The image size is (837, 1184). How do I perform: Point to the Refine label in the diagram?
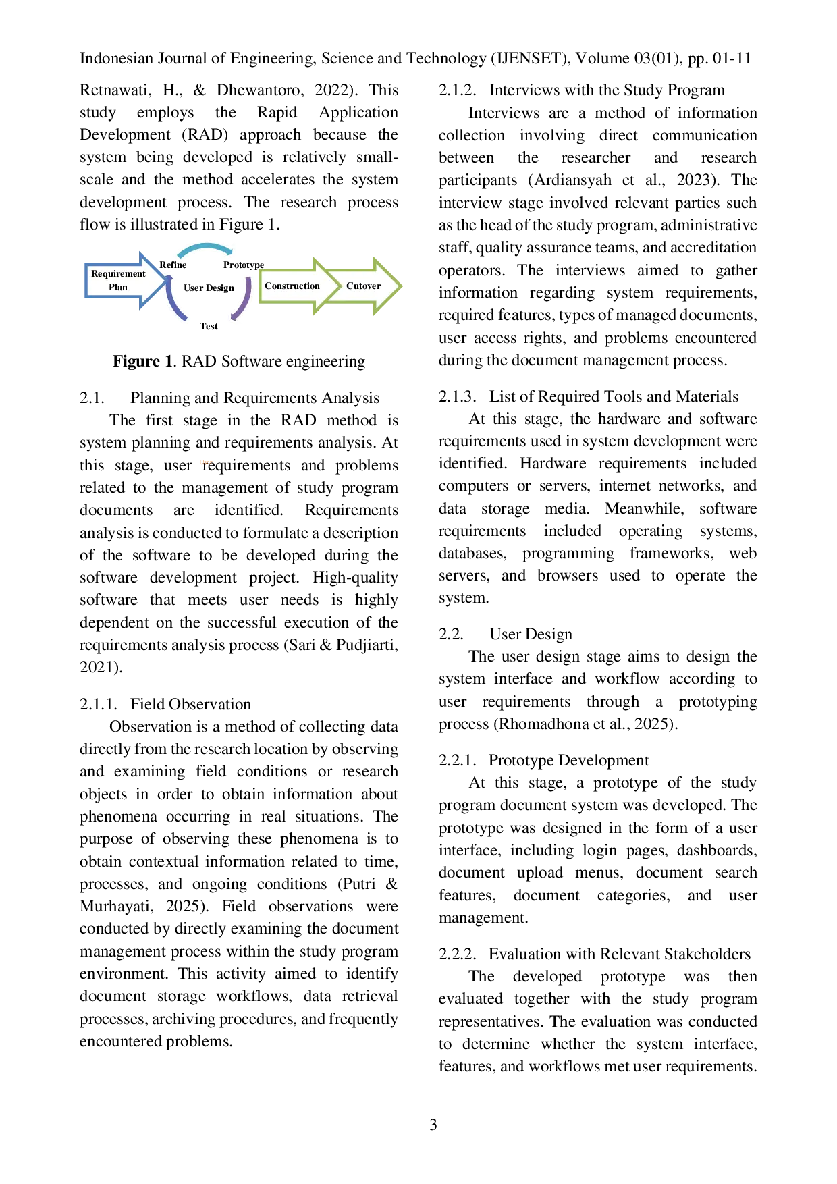(x=173, y=265)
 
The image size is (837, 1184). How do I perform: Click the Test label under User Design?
(x=209, y=326)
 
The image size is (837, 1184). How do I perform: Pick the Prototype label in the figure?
(x=244, y=265)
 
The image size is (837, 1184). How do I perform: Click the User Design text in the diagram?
(x=209, y=288)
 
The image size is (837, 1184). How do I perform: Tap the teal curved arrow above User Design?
(x=207, y=246)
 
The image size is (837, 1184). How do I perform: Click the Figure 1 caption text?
(x=239, y=361)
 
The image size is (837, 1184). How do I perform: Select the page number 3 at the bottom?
(x=433, y=1125)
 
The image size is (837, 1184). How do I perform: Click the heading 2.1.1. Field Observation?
(x=165, y=704)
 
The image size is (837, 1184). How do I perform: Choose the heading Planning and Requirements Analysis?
(x=255, y=398)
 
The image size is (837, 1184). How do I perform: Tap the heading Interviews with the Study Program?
(x=607, y=90)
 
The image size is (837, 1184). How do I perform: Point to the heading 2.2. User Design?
(x=506, y=634)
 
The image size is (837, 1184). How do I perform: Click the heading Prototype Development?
(x=569, y=760)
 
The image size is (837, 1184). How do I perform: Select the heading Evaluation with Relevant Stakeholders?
(x=620, y=954)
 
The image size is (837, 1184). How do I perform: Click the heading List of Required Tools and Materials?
(x=614, y=396)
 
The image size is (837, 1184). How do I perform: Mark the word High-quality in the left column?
(x=355, y=578)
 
